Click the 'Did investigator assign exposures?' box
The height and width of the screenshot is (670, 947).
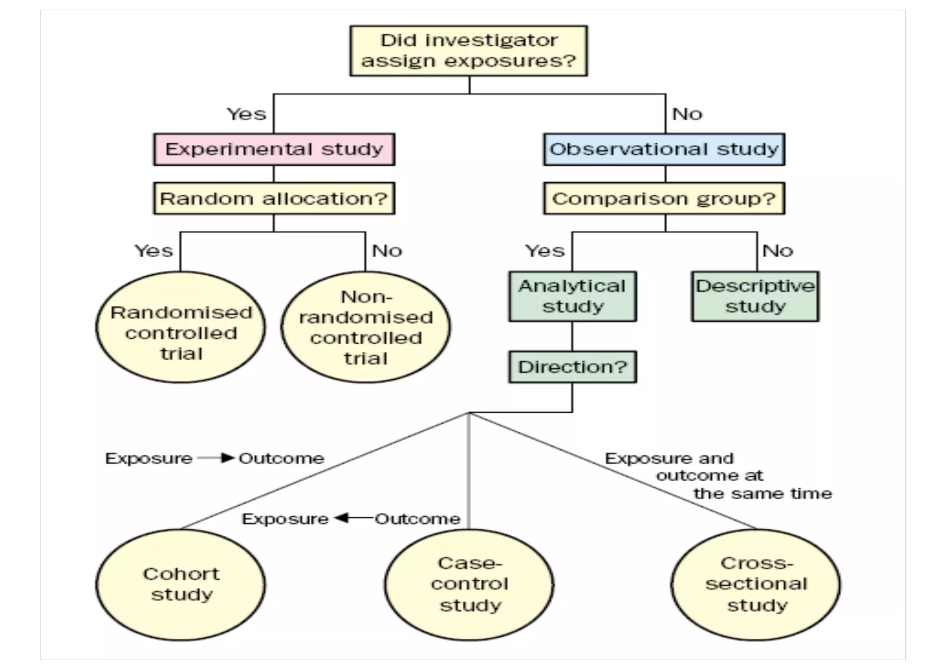(468, 51)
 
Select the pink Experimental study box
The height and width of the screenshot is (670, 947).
(274, 149)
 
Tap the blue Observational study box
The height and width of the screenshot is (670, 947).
(664, 149)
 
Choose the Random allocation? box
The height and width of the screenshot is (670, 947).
(274, 199)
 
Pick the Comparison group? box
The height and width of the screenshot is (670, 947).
(664, 199)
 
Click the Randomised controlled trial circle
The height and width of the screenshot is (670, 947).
(181, 328)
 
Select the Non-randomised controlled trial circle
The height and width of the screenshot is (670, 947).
(366, 328)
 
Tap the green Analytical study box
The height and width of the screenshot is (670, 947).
(572, 297)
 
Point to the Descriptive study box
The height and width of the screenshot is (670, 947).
(755, 297)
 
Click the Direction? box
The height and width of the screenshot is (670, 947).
(572, 367)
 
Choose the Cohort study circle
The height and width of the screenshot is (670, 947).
(181, 585)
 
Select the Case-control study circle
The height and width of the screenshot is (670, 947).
(469, 585)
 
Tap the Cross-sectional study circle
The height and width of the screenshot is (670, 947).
(756, 585)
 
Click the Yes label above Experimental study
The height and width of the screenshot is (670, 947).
(246, 114)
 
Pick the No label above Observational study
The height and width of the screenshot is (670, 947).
(687, 114)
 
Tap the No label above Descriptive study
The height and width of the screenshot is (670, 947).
(778, 251)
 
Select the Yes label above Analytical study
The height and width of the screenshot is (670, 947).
(545, 251)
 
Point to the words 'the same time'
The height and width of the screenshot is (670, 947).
(763, 494)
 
